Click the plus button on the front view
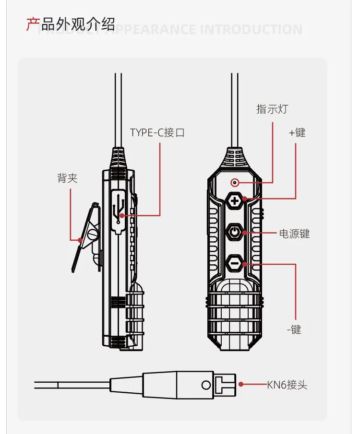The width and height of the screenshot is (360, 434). (234, 200)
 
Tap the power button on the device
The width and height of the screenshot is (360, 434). (234, 233)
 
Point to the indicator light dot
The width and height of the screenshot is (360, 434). (235, 182)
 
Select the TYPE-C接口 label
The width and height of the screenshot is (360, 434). (157, 133)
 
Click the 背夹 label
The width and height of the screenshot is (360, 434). (67, 179)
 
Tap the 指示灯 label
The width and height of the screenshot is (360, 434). (272, 109)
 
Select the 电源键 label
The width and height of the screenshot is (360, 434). (294, 234)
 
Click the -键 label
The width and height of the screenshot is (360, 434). (294, 329)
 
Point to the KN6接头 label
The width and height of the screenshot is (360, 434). (287, 385)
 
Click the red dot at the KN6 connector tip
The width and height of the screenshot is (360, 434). (242, 384)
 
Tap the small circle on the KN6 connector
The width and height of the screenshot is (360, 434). (206, 385)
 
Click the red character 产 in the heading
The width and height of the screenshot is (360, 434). (32, 24)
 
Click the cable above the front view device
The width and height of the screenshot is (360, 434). (235, 110)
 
